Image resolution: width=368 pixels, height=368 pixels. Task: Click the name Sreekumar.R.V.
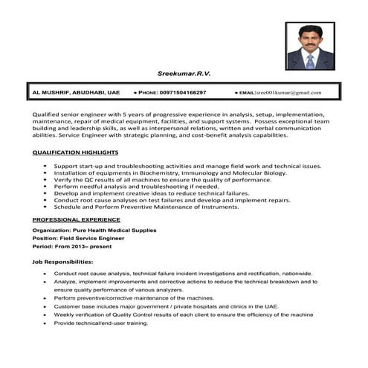(x=183, y=74)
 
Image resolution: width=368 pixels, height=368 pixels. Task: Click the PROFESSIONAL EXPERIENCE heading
(x=76, y=220)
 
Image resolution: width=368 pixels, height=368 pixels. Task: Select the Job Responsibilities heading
(x=62, y=262)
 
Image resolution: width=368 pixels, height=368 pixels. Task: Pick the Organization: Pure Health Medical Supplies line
(x=94, y=230)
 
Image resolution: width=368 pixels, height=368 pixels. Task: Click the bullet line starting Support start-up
(x=186, y=166)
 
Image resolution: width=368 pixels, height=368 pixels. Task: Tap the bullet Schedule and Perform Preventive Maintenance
(x=145, y=207)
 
